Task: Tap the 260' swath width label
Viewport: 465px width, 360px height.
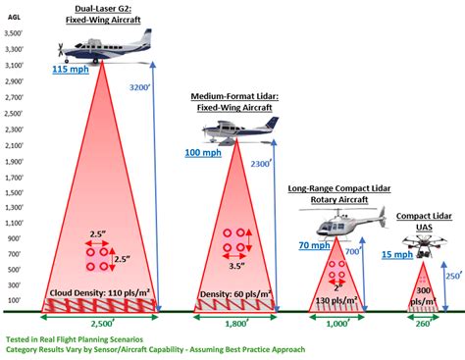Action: point(423,322)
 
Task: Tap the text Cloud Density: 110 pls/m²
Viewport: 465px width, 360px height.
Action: point(99,292)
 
